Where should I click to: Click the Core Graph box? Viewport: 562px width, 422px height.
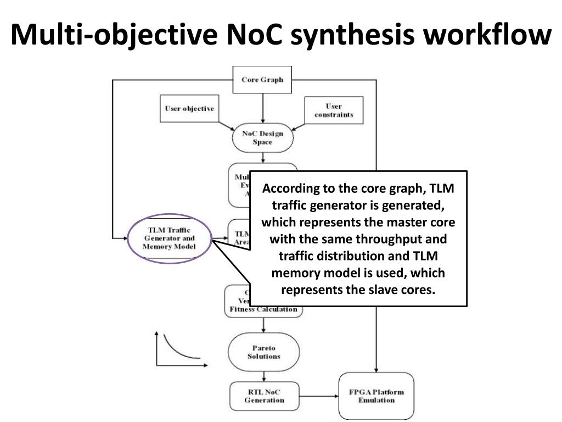262,80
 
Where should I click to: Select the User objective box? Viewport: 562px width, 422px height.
189,109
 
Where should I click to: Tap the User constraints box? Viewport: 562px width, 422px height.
333,110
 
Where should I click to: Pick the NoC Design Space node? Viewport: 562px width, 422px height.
262,138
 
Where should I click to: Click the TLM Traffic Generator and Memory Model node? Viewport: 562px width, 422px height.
169,238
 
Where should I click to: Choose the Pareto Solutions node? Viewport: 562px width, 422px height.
263,352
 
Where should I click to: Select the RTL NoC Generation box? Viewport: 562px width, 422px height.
264,396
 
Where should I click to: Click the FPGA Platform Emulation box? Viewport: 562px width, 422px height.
376,396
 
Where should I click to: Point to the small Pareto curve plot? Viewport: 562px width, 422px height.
178,348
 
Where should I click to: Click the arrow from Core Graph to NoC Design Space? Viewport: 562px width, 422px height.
263,107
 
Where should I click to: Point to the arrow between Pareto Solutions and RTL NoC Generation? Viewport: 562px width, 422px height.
264,375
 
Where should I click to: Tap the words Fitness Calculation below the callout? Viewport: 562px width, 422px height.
263,309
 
